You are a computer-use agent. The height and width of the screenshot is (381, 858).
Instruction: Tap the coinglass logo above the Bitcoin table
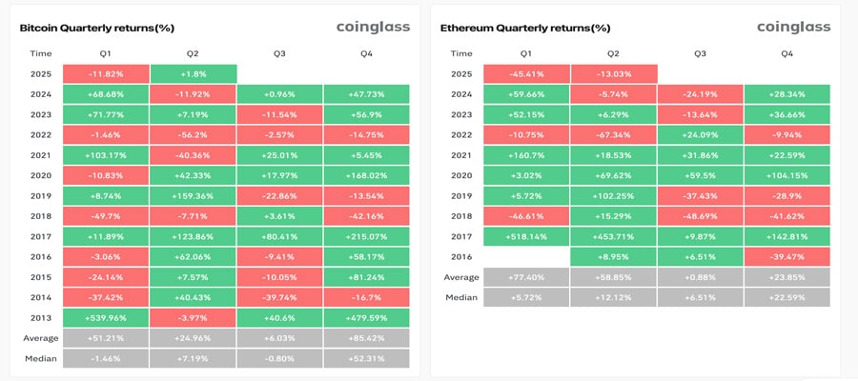pyautogui.click(x=373, y=27)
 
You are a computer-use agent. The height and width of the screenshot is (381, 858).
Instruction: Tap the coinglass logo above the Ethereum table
pyautogui.click(x=793, y=27)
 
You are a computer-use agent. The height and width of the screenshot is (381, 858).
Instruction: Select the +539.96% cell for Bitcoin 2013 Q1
pyautogui.click(x=106, y=317)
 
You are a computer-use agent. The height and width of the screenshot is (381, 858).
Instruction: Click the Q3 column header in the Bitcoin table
pyautogui.click(x=279, y=53)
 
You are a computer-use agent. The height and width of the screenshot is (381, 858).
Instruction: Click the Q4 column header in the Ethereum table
pyautogui.click(x=786, y=53)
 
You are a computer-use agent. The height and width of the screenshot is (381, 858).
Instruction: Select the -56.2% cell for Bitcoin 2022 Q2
pyautogui.click(x=193, y=135)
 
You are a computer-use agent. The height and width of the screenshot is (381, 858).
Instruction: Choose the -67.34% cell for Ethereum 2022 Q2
pyautogui.click(x=613, y=135)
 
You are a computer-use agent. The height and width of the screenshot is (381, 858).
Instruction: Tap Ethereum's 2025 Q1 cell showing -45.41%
pyautogui.click(x=526, y=73)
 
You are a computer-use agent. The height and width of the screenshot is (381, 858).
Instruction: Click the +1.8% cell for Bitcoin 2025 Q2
pyautogui.click(x=193, y=73)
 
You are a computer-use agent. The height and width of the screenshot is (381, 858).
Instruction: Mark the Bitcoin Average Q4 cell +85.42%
pyautogui.click(x=366, y=337)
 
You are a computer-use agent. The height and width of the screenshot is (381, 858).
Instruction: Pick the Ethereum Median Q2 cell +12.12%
pyautogui.click(x=613, y=296)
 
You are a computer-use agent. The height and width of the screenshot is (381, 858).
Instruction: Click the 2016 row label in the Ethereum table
pyautogui.click(x=460, y=255)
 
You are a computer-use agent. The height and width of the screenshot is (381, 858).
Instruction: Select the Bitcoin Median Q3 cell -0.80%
pyautogui.click(x=279, y=358)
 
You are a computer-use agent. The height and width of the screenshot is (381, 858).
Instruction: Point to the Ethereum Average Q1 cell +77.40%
pyautogui.click(x=526, y=276)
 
